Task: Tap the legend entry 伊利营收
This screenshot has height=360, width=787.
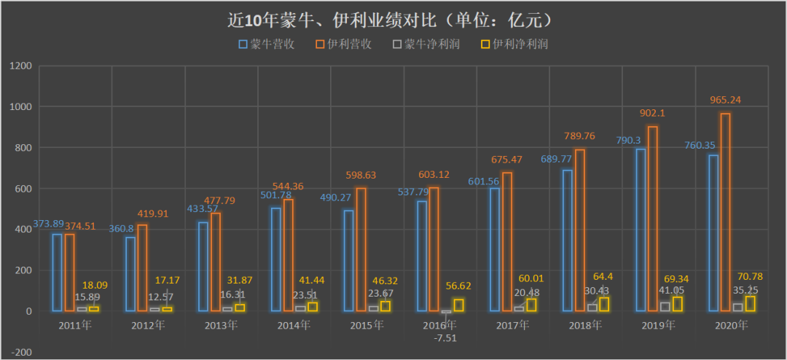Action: tap(345, 44)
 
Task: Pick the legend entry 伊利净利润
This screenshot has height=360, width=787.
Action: tap(514, 44)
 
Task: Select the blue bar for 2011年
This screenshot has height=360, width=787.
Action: tap(57, 273)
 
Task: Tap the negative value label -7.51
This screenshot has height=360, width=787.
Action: tap(445, 337)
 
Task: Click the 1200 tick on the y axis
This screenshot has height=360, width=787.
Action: tap(21, 66)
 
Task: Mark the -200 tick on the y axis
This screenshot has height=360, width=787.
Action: tap(21, 353)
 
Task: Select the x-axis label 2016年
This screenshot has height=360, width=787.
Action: tap(440, 325)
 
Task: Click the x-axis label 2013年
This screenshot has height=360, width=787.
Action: tap(222, 325)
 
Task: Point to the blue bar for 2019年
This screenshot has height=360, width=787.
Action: tap(641, 230)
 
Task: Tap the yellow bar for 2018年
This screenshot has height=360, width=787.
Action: tap(604, 304)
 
